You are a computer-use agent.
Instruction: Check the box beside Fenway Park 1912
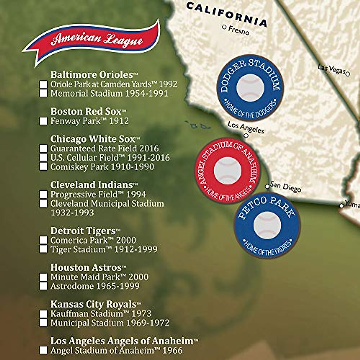[43, 121]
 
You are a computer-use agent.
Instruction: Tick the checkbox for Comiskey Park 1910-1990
[43, 167]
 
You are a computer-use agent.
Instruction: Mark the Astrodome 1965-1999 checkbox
[43, 286]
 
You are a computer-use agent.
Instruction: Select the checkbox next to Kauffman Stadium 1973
[43, 314]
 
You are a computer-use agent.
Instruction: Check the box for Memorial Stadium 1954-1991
[43, 94]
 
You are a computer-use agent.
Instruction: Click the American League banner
[93, 40]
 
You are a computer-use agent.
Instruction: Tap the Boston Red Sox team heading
[86, 111]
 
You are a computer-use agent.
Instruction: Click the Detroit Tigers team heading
[83, 231]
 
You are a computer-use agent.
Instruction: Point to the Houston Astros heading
[86, 267]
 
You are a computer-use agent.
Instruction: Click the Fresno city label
[239, 30]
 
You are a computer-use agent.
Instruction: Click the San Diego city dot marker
[267, 187]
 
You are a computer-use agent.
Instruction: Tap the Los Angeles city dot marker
[246, 136]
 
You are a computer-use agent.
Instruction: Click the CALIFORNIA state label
[226, 14]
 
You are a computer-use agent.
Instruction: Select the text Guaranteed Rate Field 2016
[105, 148]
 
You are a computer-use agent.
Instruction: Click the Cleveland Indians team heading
[91, 185]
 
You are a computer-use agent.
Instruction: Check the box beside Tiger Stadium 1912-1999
[43, 249]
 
